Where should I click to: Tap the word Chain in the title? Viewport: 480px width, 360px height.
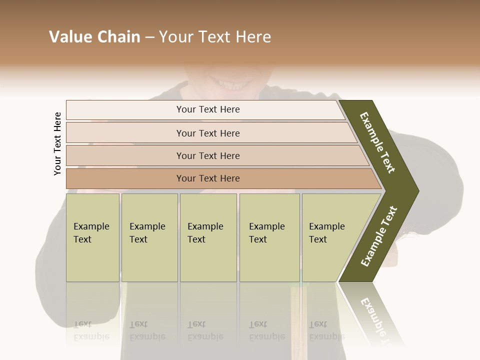(118, 37)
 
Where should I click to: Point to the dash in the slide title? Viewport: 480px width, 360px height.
(149, 37)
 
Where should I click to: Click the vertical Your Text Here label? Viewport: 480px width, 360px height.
(57, 144)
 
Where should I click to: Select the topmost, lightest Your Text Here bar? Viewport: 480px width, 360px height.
(207, 109)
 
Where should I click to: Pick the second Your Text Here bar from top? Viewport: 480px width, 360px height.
(207, 133)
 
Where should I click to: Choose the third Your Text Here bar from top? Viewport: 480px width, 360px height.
(207, 155)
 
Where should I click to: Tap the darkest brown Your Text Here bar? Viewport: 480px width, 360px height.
(207, 178)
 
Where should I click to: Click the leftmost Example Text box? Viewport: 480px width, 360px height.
(92, 237)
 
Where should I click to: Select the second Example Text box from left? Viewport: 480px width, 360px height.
(149, 237)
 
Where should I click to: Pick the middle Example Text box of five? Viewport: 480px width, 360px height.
(208, 237)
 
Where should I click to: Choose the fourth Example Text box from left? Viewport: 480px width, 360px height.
(269, 237)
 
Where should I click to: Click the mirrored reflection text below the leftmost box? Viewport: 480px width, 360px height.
(91, 330)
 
